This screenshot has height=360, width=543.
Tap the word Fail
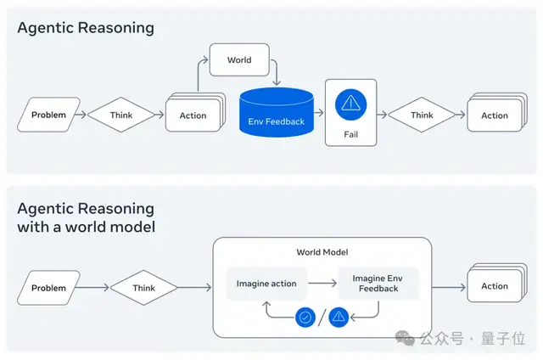point(350,135)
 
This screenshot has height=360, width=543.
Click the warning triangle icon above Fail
point(350,105)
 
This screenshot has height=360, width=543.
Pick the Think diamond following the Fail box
point(422,115)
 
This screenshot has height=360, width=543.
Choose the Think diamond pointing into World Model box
point(143,288)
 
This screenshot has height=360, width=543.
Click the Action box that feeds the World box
point(193,115)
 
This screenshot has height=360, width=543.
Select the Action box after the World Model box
point(495,286)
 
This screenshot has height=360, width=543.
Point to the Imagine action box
point(266,283)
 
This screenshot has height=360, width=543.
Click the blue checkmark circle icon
point(305,318)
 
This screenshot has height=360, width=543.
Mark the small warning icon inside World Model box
point(339,318)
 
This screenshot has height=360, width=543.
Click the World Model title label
point(322,252)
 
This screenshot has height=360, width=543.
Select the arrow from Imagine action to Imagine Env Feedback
point(322,283)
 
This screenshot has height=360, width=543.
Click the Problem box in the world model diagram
point(48,288)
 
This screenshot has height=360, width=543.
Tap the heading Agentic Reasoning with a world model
point(86,217)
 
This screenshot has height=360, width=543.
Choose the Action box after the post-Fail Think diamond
point(495,115)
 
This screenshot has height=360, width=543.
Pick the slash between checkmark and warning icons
point(322,318)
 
